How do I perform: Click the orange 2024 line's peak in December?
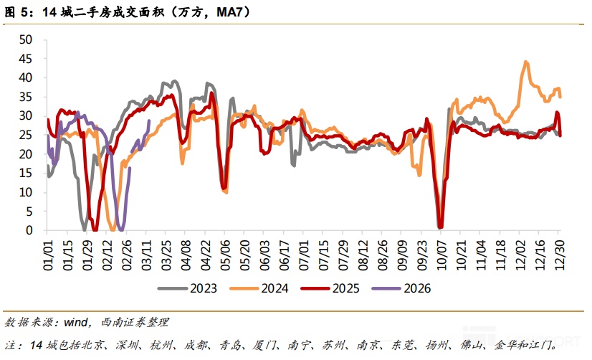coord(526,62)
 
